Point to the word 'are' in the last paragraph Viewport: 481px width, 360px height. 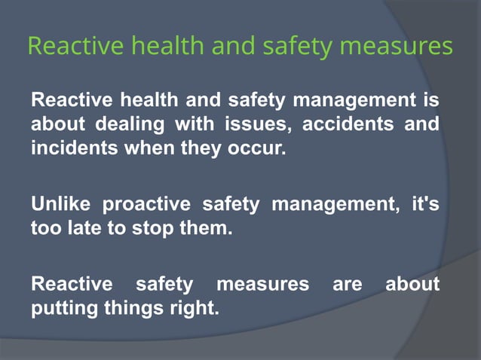pos(347,284)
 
